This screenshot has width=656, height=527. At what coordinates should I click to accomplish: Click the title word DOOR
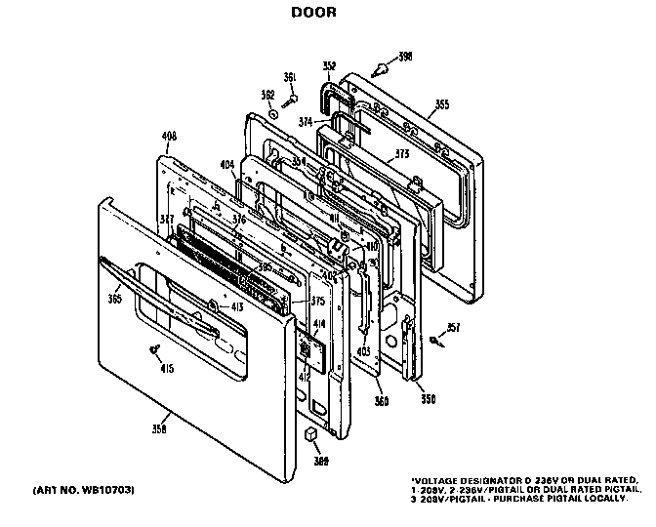pos(313,14)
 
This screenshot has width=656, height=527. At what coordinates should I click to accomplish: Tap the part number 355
pos(442,103)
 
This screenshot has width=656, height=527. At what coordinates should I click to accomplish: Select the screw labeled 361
pos(290,98)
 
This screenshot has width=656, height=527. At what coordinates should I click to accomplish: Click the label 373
pos(399,154)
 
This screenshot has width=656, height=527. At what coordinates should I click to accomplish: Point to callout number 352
pos(329,66)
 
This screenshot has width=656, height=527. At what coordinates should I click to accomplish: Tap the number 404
pos(226,167)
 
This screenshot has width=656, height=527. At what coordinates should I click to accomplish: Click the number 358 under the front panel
pos(159,428)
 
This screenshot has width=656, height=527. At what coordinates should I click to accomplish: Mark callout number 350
pos(427,399)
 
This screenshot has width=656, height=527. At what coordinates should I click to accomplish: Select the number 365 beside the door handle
pos(114,299)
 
